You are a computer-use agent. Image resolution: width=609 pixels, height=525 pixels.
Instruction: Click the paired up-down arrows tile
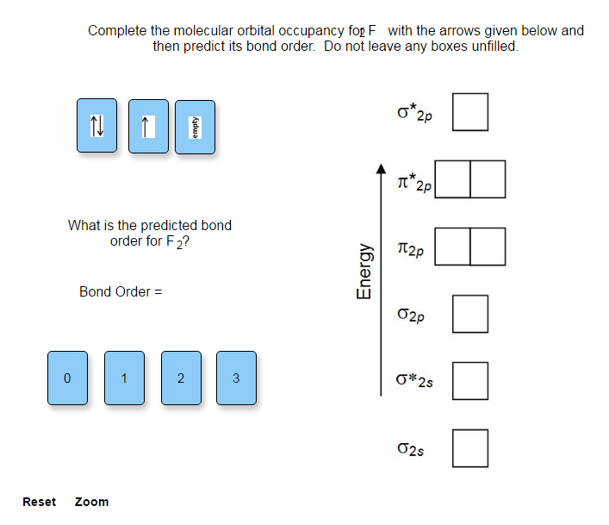coord(97,127)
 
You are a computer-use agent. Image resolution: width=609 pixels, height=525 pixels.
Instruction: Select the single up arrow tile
coord(148,127)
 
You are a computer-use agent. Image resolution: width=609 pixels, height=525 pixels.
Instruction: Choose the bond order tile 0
coord(68,378)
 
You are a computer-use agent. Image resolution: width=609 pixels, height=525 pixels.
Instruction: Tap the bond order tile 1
coord(124,378)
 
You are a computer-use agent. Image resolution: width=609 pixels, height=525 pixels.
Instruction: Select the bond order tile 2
coord(181,378)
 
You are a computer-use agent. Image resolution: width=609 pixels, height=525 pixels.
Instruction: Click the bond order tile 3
coord(236,378)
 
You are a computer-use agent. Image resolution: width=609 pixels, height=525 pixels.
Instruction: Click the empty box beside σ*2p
coord(470,112)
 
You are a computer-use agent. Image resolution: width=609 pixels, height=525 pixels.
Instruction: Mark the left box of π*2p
coord(453,179)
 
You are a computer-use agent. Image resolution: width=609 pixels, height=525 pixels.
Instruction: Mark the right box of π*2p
coord(488,179)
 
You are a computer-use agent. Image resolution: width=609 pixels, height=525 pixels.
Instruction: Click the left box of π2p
coord(453,247)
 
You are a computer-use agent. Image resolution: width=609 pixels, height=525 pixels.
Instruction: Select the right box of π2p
coord(488,247)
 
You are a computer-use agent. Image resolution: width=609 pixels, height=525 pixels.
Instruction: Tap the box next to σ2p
coord(470,314)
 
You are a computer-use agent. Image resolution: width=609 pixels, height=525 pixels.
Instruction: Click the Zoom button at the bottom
coord(91,502)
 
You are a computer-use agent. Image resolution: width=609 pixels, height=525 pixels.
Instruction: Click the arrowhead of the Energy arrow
coord(380,169)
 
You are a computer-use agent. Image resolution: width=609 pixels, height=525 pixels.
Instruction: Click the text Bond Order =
coord(121,291)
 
